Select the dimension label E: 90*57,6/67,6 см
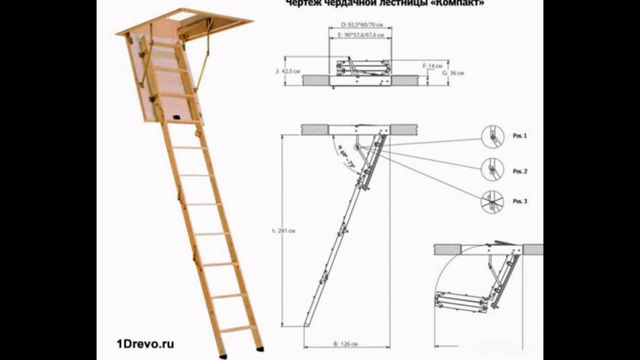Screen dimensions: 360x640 click(360, 35)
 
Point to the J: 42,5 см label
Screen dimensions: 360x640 click(287, 71)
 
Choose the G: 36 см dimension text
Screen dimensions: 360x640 click(454, 73)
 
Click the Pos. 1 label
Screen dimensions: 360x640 click(519, 136)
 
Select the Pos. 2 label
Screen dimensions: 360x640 click(519, 171)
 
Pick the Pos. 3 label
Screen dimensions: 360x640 click(519, 201)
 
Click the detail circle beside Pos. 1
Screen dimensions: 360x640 click(492, 136)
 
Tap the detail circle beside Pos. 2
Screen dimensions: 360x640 click(492, 170)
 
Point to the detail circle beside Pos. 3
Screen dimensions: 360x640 click(492, 202)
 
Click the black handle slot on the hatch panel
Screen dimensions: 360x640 click(176, 118)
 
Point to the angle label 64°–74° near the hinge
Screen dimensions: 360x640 click(344, 156)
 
